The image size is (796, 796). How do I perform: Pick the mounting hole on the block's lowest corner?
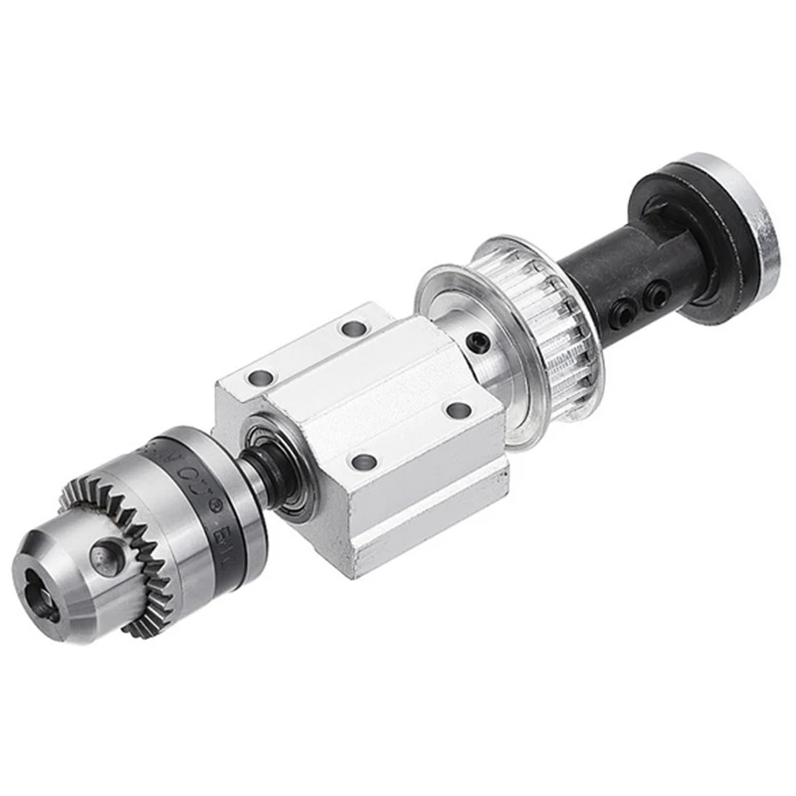365,462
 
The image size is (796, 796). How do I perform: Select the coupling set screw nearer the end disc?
657,291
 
